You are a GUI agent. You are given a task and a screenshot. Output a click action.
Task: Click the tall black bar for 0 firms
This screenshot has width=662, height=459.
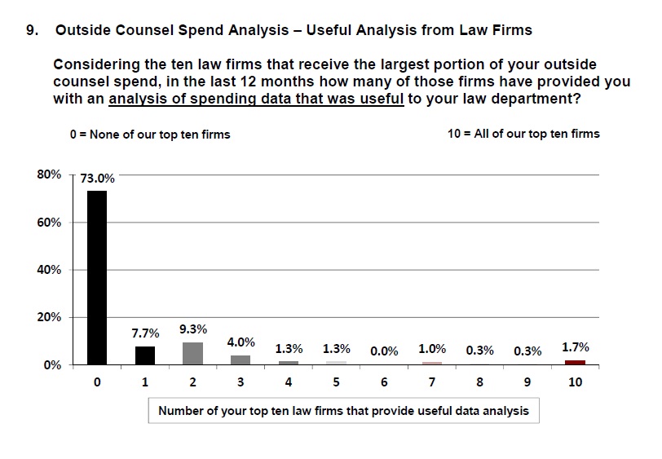click(x=97, y=277)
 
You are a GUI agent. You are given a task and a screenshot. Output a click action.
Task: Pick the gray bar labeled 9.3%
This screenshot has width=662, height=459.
click(x=193, y=353)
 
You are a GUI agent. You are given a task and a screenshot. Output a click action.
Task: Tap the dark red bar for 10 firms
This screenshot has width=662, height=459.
click(x=576, y=362)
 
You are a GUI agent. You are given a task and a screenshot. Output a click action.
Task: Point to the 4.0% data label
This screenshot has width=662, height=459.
click(x=241, y=342)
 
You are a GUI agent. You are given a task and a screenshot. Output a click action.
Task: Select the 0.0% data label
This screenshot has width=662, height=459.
click(x=384, y=351)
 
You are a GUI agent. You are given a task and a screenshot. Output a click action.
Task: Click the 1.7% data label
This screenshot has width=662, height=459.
click(x=576, y=347)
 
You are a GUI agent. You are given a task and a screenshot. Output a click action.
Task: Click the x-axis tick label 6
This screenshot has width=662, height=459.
click(x=384, y=382)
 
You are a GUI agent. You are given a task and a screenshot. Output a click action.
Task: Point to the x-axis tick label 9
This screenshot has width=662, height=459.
click(x=527, y=382)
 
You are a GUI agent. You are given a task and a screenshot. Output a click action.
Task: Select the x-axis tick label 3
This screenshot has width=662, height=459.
click(x=241, y=382)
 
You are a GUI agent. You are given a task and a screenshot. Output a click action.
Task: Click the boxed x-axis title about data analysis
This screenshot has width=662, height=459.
click(x=343, y=411)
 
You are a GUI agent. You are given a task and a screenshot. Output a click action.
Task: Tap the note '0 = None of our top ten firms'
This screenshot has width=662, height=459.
click(x=150, y=134)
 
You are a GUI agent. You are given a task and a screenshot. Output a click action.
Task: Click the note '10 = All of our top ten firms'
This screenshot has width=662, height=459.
click(x=523, y=134)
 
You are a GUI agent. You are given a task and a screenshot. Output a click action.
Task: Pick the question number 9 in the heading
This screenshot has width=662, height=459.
click(x=32, y=30)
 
